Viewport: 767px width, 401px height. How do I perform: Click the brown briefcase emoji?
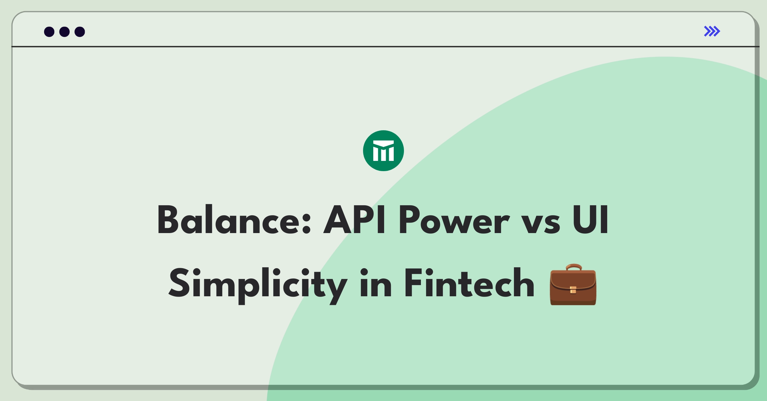pos(573,284)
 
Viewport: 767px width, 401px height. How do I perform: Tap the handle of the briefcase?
pos(574,267)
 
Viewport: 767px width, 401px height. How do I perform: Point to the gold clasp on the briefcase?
pos(573,290)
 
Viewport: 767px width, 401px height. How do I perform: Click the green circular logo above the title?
pos(383,151)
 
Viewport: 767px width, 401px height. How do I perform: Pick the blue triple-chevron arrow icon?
pos(712,31)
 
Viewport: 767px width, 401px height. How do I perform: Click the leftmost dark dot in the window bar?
pos(49,32)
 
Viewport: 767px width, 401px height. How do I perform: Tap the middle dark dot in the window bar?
pos(65,32)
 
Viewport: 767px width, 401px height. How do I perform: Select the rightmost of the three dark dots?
pos(80,32)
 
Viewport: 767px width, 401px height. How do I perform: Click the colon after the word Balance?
pos(306,223)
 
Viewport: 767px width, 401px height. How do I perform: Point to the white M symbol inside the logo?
pos(383,151)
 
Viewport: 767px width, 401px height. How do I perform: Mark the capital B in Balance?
pos(167,220)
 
